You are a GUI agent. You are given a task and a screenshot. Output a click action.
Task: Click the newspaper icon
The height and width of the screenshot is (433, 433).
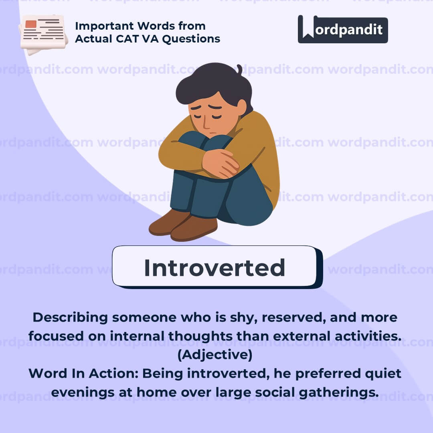43,34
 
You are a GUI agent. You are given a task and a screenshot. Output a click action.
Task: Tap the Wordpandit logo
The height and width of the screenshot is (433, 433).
343,29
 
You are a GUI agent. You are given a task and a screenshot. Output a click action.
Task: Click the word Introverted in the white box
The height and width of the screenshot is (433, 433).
214,267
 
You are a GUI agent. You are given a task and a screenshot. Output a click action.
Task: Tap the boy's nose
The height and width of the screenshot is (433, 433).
206,123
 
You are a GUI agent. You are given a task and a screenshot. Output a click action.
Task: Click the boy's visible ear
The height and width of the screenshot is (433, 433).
241,107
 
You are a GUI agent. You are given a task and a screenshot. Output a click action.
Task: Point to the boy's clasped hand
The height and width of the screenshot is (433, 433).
220,163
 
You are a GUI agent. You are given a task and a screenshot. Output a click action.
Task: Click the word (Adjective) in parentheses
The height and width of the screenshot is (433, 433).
215,355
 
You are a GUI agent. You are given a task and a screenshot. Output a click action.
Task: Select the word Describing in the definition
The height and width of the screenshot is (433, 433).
70,318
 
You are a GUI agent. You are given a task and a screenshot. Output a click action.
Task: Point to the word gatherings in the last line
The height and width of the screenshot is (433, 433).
339,393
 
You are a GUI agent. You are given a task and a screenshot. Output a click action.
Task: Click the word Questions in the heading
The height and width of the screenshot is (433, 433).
191,39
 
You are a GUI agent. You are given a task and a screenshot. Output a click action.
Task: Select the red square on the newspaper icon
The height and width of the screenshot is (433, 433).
30,24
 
